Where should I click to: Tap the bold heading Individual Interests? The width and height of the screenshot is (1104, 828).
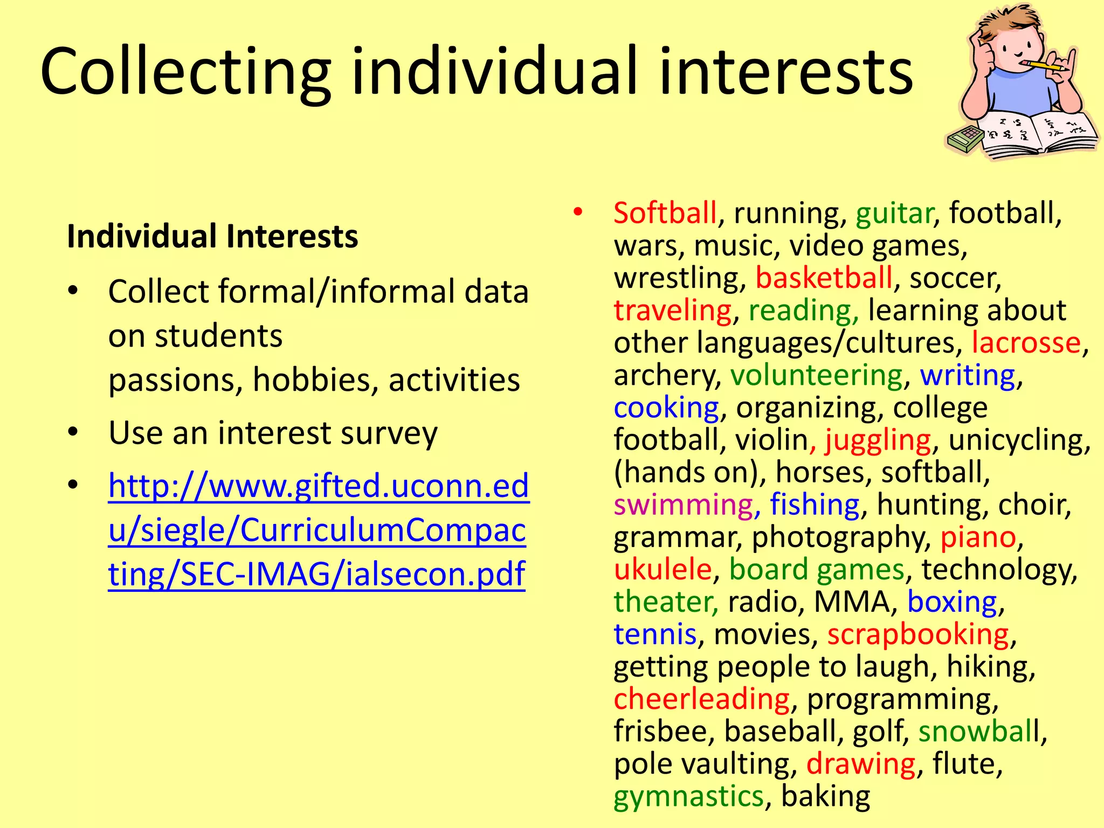(212, 236)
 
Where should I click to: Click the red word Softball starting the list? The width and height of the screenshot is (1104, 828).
(665, 213)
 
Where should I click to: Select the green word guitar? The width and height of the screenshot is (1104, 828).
(894, 213)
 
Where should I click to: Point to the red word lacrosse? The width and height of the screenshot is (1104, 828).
(1026, 343)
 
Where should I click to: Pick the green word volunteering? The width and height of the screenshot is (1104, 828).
(816, 376)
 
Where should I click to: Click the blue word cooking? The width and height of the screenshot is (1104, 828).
(666, 408)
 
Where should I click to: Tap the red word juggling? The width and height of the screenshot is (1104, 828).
(878, 441)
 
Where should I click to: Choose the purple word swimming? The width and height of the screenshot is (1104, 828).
(684, 505)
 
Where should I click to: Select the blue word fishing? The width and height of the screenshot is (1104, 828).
(815, 505)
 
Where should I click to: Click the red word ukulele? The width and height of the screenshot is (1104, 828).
(663, 570)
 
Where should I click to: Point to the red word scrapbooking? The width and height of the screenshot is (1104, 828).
(918, 634)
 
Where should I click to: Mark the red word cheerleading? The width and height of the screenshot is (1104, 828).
(702, 699)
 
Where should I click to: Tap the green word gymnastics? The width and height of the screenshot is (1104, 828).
(689, 797)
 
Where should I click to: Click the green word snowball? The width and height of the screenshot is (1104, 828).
(979, 732)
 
